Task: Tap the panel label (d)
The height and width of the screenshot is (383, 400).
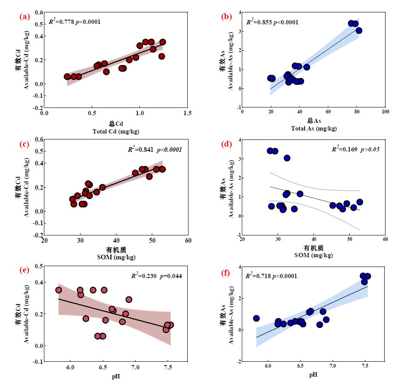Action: tap(226, 144)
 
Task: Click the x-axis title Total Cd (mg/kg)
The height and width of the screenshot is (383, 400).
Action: tap(116, 131)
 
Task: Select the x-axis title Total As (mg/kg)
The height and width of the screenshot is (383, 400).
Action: tap(314, 128)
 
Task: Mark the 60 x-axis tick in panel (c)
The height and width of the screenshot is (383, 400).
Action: tap(188, 241)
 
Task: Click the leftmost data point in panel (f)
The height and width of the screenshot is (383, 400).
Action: tap(256, 318)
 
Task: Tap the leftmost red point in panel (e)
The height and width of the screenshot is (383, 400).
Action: tap(58, 290)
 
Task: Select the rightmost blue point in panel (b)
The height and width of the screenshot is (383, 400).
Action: tap(359, 30)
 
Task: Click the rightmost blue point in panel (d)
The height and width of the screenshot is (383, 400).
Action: tap(359, 202)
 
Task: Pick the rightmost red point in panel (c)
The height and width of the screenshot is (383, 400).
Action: tap(162, 169)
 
